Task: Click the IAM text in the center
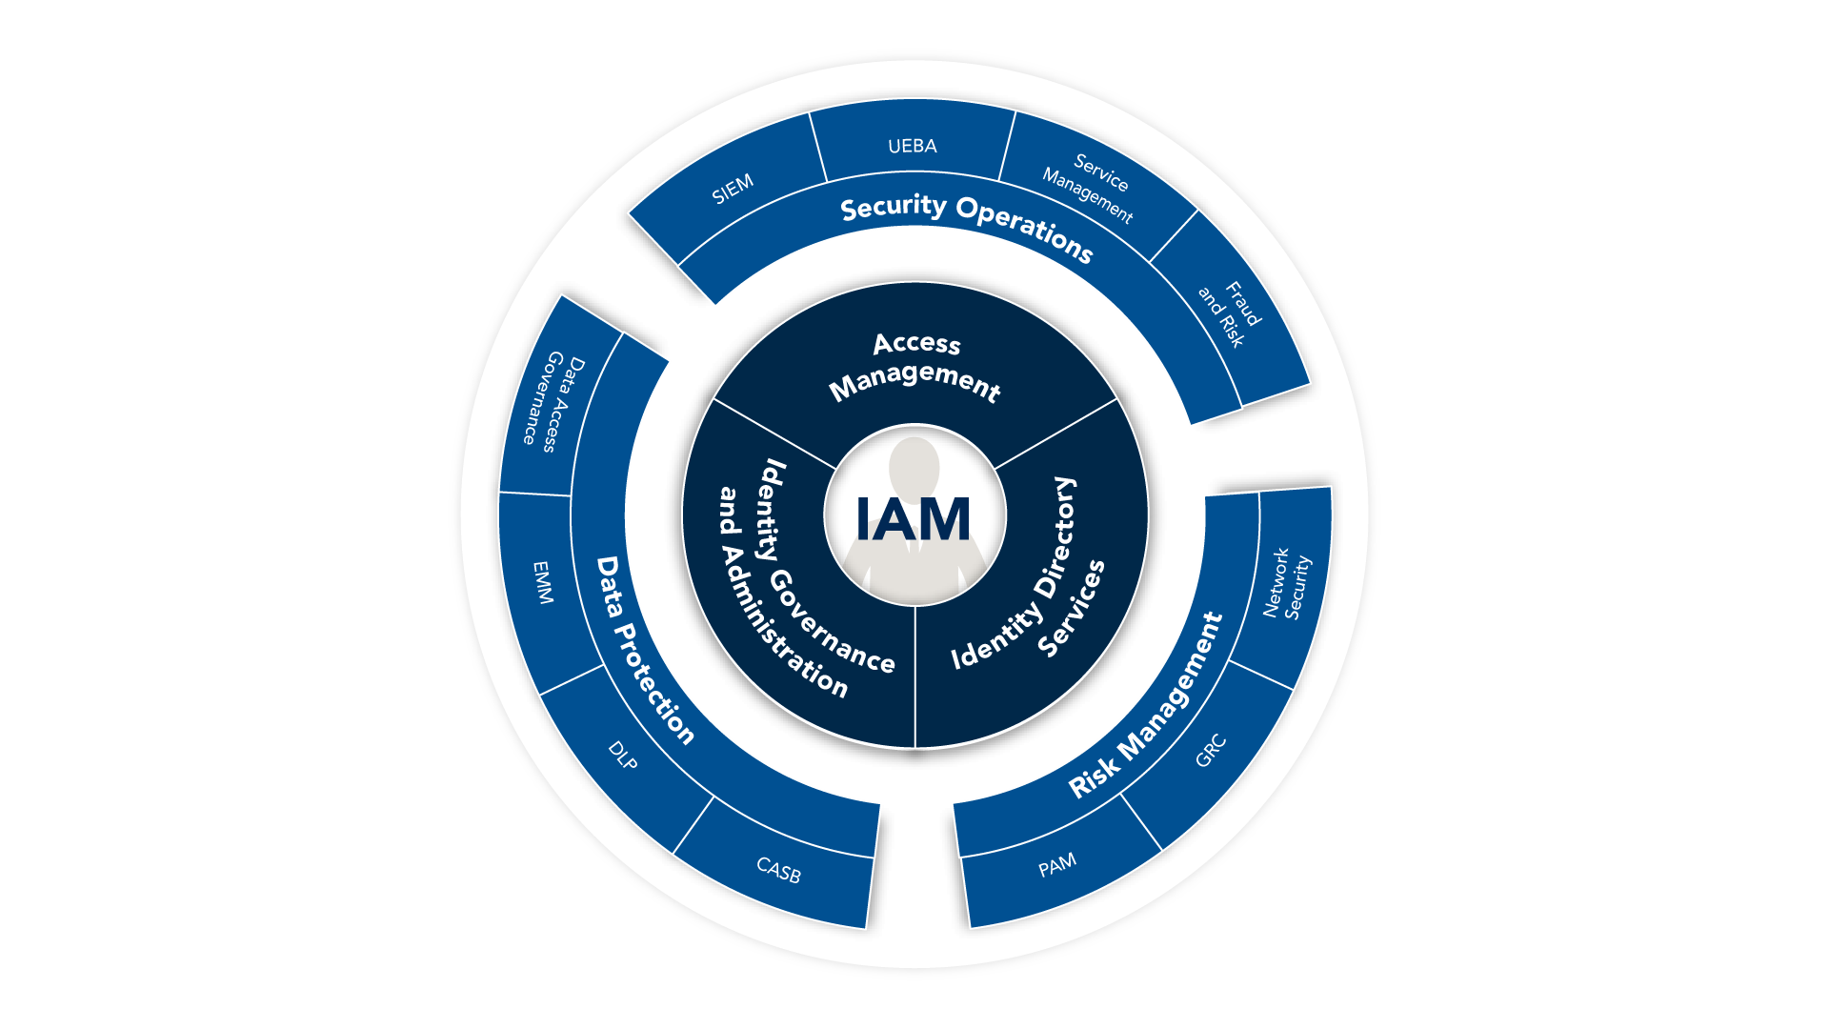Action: tap(913, 519)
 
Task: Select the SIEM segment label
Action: tap(733, 189)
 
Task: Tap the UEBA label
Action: tap(913, 146)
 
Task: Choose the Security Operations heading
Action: tap(966, 225)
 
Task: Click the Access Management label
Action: tap(915, 366)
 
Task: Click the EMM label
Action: tap(542, 582)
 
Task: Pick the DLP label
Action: tap(623, 756)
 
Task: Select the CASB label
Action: tap(778, 869)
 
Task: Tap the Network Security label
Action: tap(1287, 582)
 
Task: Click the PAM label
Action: tap(1057, 865)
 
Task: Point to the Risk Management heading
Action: tap(1147, 705)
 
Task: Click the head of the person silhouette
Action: tap(914, 467)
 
